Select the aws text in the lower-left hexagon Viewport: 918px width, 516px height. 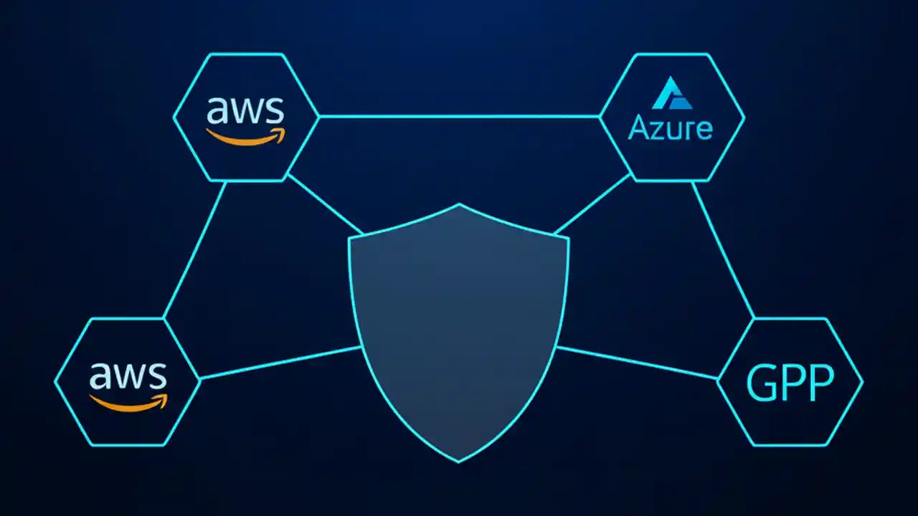point(128,375)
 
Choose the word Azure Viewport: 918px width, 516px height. point(671,128)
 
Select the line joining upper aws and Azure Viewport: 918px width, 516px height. point(459,116)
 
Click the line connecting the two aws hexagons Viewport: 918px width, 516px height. point(195,249)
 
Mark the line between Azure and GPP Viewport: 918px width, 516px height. point(723,249)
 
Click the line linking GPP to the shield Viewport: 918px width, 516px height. point(637,363)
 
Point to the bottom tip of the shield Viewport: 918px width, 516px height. point(459,461)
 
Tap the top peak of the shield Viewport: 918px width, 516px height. point(459,205)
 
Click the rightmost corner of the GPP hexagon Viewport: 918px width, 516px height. point(862,382)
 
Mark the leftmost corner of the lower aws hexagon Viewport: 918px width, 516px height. point(55,382)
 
